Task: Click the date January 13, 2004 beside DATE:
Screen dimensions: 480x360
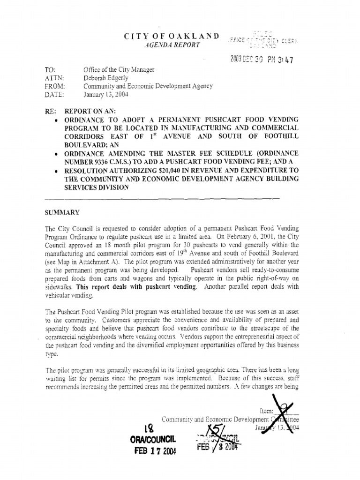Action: click(105, 94)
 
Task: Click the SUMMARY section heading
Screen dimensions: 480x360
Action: click(62, 212)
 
